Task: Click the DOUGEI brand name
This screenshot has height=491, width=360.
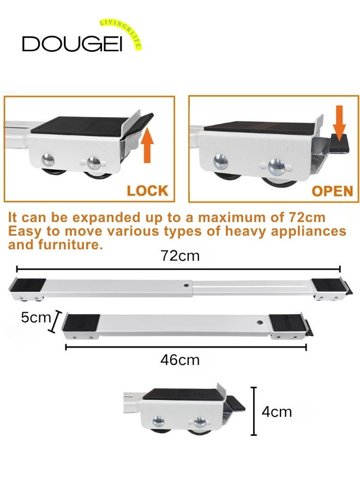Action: coord(72,44)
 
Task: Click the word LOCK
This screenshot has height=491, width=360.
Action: coord(147,191)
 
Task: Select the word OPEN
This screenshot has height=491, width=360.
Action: coord(332,191)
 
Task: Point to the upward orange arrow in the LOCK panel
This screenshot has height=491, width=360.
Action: coord(147,145)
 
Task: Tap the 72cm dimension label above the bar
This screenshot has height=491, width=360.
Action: coord(178,256)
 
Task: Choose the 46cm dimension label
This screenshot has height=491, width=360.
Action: coord(179,360)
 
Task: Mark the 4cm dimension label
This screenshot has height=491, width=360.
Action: coord(277,411)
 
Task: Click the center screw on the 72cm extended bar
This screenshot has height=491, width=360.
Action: coord(187,284)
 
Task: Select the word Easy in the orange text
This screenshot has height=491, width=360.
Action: coord(25,231)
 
